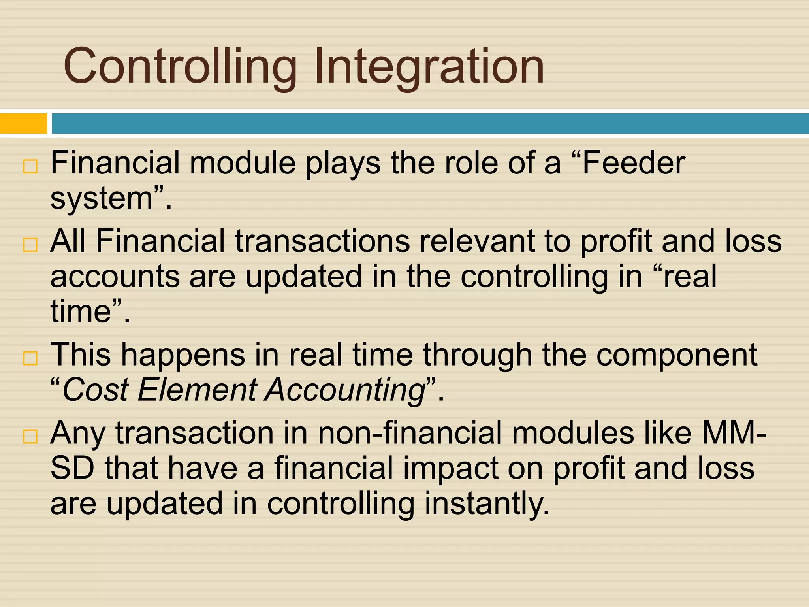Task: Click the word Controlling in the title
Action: [180, 66]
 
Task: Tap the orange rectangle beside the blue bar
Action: [23, 124]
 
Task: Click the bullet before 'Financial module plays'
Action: [30, 167]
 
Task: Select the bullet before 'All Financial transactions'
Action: [30, 245]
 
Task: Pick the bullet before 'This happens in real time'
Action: [30, 358]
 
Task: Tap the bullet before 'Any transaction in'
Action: [30, 437]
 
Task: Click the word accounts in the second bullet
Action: [115, 276]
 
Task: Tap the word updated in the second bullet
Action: [303, 276]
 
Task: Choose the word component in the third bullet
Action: [676, 355]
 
